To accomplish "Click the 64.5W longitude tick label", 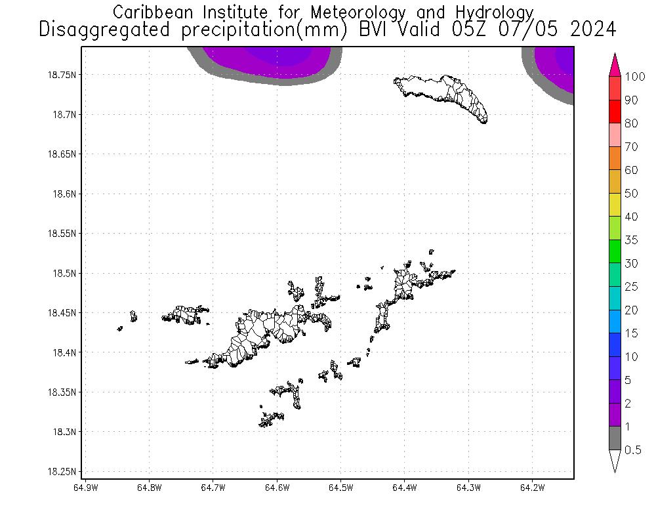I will click(340, 488).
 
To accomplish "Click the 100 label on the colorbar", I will click(635, 77).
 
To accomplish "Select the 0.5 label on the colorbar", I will click(632, 450).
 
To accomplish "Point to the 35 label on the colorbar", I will click(632, 240).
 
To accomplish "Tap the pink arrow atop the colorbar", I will click(615, 65).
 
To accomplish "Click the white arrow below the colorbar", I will click(615, 461).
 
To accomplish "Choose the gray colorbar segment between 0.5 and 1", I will click(615, 438).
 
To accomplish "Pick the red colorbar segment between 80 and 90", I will click(615, 112).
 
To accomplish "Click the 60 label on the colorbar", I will click(632, 170).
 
